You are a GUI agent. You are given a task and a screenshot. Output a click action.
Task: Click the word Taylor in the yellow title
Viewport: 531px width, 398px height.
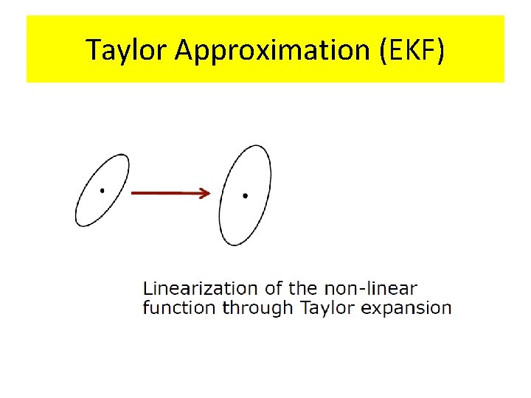[x=128, y=50]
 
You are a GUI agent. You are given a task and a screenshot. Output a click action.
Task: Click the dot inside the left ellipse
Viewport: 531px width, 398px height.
[x=102, y=190]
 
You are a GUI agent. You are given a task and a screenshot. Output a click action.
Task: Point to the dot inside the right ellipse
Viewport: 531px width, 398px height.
[x=245, y=195]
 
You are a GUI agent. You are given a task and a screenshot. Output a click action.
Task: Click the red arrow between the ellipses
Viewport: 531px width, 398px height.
[x=170, y=193]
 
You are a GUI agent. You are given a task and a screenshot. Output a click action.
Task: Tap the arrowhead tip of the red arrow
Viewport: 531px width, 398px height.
[x=210, y=193]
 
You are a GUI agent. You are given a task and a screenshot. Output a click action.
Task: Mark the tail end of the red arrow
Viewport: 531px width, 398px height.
[x=133, y=193]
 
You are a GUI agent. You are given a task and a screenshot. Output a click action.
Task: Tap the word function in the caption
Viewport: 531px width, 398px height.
[x=180, y=307]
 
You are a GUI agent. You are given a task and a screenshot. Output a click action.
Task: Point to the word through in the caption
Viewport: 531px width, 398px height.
[x=258, y=308]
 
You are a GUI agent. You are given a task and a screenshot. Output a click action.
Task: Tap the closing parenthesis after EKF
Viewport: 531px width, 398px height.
[x=440, y=50]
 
